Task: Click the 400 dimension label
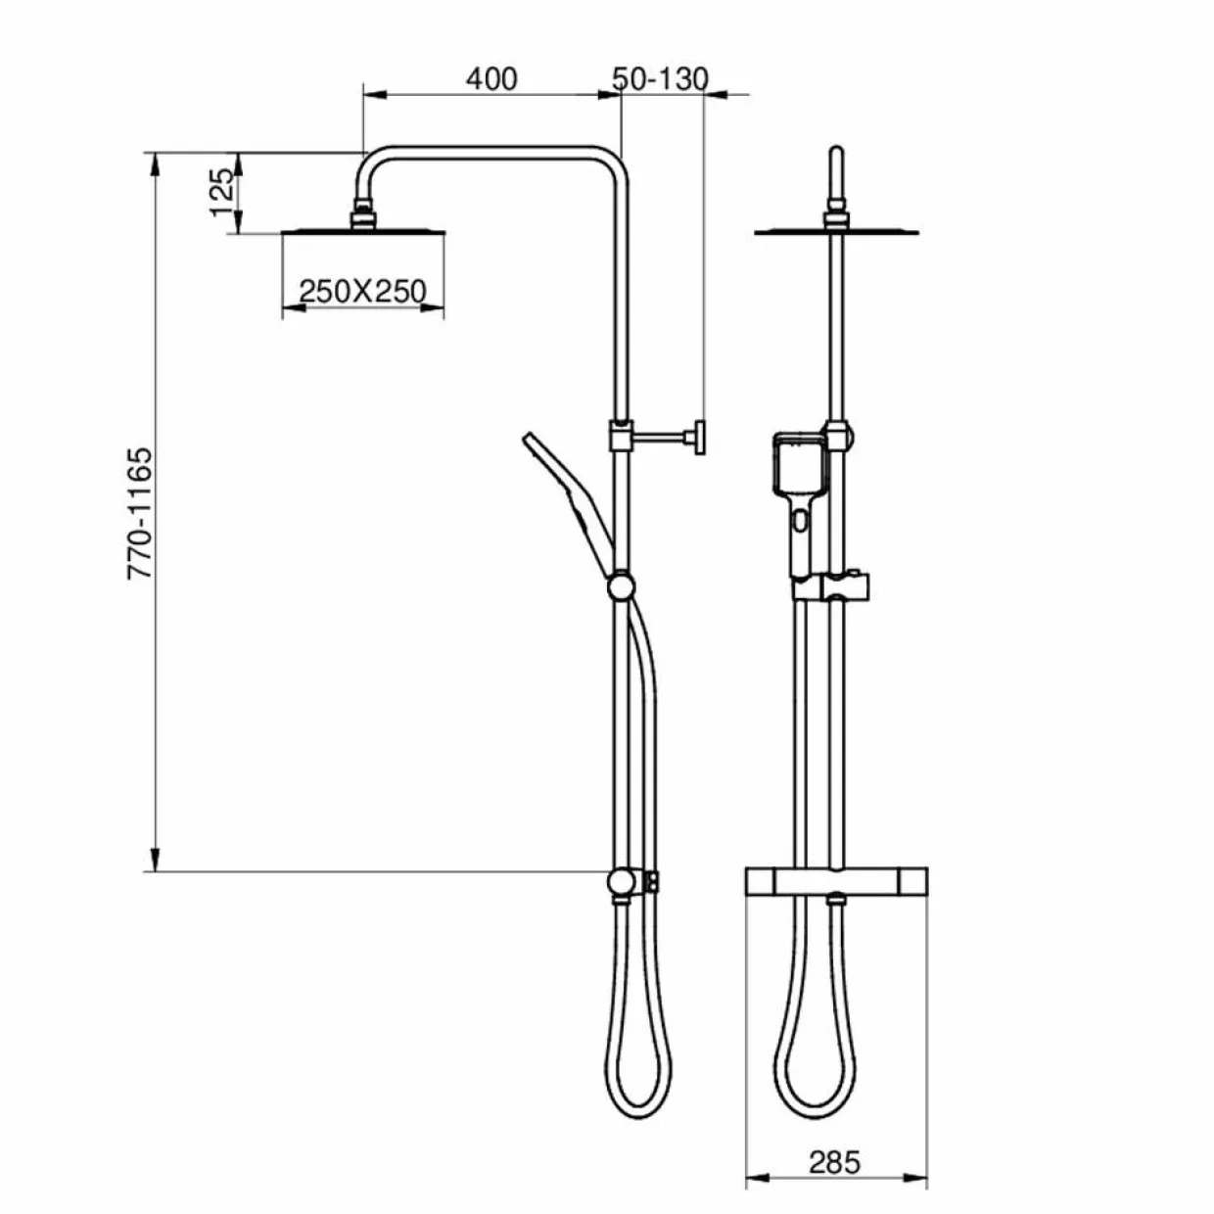491,79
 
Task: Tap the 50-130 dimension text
660,79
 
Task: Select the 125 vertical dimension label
222,192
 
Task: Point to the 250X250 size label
362,291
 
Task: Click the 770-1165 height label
139,513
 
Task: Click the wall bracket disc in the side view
699,437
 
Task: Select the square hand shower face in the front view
798,463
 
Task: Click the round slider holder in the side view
621,587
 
